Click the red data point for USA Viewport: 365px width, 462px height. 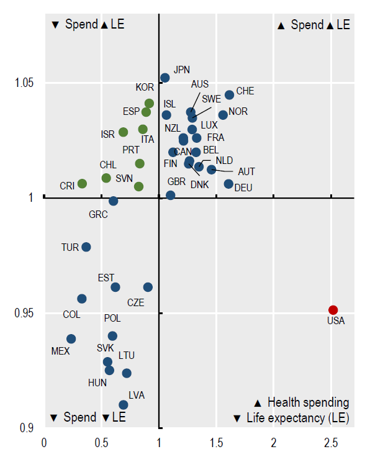click(x=333, y=310)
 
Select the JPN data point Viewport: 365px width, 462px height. click(x=165, y=78)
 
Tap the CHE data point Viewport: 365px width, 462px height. click(x=229, y=94)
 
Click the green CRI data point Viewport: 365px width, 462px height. click(x=82, y=183)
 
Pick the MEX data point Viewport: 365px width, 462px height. click(x=71, y=338)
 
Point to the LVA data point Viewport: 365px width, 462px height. click(x=124, y=405)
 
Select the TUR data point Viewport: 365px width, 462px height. click(x=86, y=247)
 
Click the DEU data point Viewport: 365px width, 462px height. click(x=228, y=184)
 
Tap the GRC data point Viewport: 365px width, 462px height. click(x=114, y=201)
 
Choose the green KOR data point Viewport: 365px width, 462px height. click(x=149, y=103)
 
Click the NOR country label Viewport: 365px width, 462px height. click(x=238, y=112)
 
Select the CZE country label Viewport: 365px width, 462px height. click(x=135, y=302)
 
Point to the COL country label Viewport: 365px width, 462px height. click(x=71, y=315)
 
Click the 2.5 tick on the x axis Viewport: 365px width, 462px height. click(x=331, y=443)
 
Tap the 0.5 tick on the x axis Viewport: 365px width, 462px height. click(x=102, y=443)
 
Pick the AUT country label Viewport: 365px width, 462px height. click(x=246, y=171)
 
